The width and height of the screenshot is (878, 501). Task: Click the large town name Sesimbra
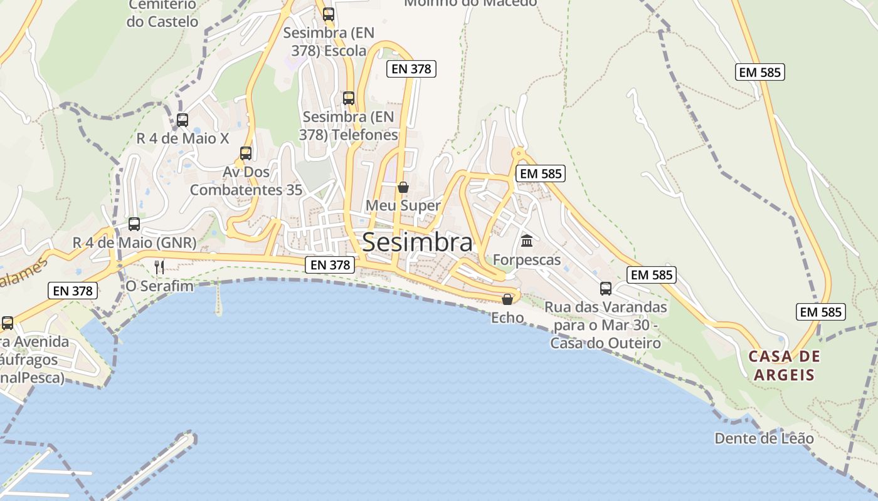coord(417,242)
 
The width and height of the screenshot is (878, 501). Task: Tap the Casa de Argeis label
coord(784,366)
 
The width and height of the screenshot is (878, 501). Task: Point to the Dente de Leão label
coord(764,438)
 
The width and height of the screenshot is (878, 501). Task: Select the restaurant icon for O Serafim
coord(159,267)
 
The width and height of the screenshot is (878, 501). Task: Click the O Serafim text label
coord(159,286)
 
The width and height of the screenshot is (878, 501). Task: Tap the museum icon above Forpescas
coord(527,240)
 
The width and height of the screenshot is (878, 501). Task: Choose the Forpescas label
coord(527,259)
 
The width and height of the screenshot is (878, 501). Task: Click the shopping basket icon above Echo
coord(507,299)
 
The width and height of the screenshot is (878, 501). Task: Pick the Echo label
coord(507,318)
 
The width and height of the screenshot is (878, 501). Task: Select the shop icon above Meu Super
coord(403,187)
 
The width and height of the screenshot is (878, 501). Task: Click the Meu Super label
coord(403,205)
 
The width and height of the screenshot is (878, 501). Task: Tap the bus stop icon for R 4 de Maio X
coord(182,120)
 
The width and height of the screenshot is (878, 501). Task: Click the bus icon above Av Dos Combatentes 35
coord(246,153)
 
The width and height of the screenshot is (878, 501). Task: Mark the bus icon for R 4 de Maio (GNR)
coord(134,224)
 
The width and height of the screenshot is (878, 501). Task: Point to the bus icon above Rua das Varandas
coord(606,289)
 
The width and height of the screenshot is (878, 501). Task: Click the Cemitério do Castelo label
coord(162,13)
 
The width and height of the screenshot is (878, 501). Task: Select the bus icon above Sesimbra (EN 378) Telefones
coord(349,98)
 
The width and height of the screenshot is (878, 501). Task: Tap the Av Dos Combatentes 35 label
coord(246,181)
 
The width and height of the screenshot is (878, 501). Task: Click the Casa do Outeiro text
coord(606,343)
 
